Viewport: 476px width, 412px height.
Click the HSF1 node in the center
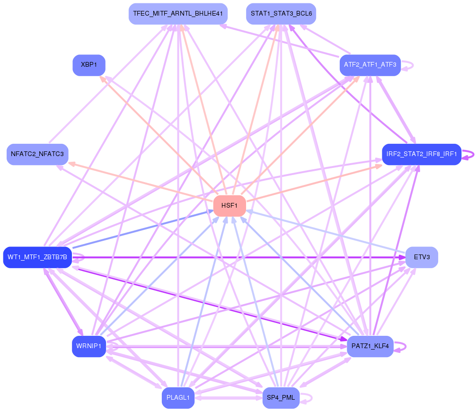click(229, 206)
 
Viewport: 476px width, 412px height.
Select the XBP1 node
click(89, 65)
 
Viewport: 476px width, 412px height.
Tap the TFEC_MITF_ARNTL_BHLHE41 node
click(178, 14)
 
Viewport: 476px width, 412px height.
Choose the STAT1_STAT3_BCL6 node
click(281, 14)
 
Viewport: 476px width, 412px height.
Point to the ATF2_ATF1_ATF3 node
click(370, 65)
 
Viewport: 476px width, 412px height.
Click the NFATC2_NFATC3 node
click(37, 154)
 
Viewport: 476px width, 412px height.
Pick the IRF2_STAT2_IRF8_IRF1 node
click(421, 154)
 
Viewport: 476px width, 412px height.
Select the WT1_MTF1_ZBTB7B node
click(37, 257)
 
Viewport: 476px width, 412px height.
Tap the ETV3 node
click(422, 257)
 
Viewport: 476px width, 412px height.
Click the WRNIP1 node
click(89, 346)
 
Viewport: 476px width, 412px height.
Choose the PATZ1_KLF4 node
click(370, 346)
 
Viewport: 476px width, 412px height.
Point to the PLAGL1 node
click(178, 398)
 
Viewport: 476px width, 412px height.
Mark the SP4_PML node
click(281, 398)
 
